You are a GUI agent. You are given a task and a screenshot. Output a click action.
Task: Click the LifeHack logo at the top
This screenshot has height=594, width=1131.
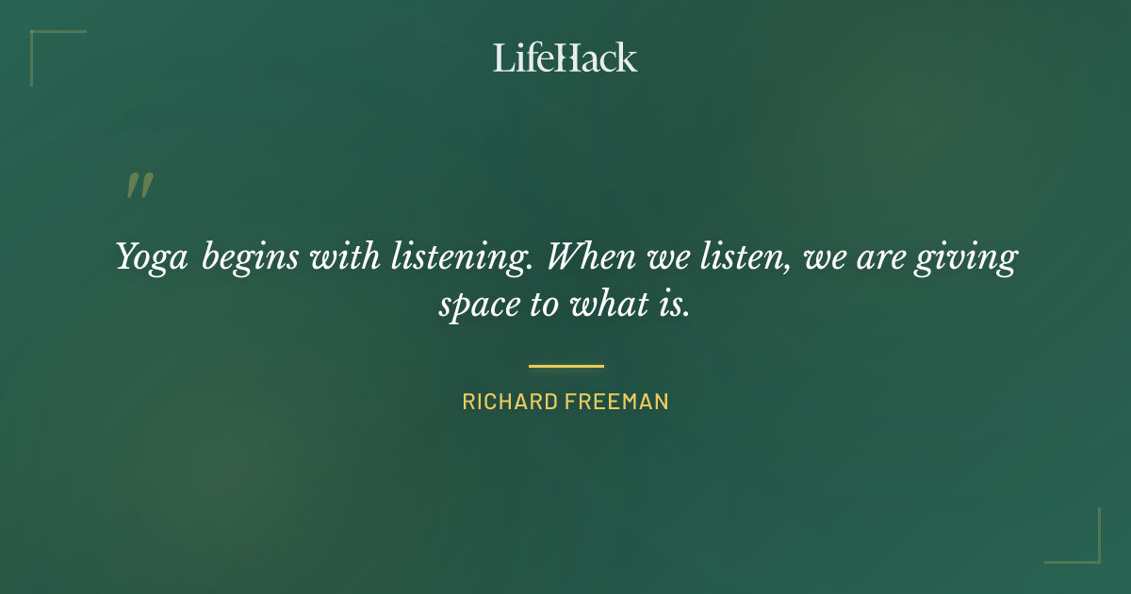point(565,58)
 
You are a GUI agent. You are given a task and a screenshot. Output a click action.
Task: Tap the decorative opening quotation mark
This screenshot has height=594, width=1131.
point(139,186)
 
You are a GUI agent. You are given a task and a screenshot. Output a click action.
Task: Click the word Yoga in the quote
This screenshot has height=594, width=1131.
point(152,257)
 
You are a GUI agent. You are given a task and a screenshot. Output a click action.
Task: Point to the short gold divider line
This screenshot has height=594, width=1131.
point(565,366)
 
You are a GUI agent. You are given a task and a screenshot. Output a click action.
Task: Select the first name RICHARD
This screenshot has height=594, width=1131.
point(509,402)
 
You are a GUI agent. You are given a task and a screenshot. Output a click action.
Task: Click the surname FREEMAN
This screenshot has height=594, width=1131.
point(616,402)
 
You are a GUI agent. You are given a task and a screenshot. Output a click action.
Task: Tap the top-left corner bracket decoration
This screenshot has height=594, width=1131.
point(42,42)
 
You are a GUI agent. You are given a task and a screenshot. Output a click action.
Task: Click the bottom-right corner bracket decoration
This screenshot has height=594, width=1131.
point(1088,552)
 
